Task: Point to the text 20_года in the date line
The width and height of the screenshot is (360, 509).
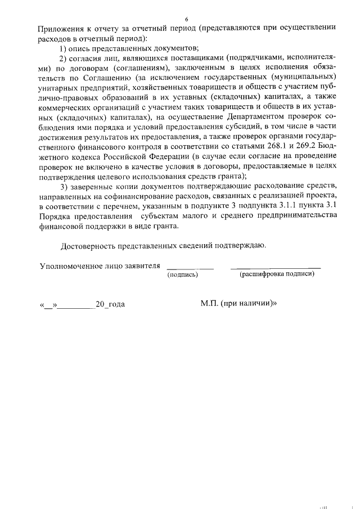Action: point(110,304)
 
